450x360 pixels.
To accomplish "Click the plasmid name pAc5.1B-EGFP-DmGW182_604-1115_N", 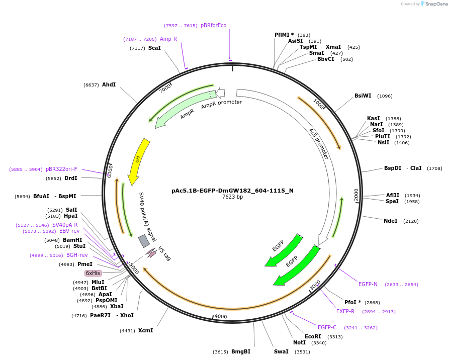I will (x=232, y=191).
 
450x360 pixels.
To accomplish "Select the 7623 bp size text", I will (x=232, y=197).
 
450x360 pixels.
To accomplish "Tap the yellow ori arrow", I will (x=138, y=161).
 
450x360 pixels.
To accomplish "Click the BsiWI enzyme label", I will (x=363, y=96).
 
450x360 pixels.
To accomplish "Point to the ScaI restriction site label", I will (x=154, y=48).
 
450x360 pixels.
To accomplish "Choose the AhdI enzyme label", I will (x=109, y=84).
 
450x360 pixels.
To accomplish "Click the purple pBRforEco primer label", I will (x=213, y=25).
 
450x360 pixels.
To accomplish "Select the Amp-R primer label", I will (x=168, y=39).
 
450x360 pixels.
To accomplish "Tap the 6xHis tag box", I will (x=93, y=273).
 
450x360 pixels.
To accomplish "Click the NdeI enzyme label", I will (x=391, y=221).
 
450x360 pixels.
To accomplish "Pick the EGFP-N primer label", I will (x=368, y=284).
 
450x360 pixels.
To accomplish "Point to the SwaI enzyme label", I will (x=281, y=351).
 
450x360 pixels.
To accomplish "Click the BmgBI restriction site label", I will (x=241, y=351).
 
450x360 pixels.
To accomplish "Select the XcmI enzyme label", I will (x=145, y=330).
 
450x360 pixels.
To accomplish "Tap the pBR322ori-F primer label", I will (x=61, y=169).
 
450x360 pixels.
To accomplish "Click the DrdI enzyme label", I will (x=70, y=178).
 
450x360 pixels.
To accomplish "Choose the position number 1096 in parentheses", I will (x=385, y=96).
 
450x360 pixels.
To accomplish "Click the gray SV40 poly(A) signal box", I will (x=144, y=241).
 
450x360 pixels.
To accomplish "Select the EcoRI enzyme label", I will (x=313, y=336).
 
